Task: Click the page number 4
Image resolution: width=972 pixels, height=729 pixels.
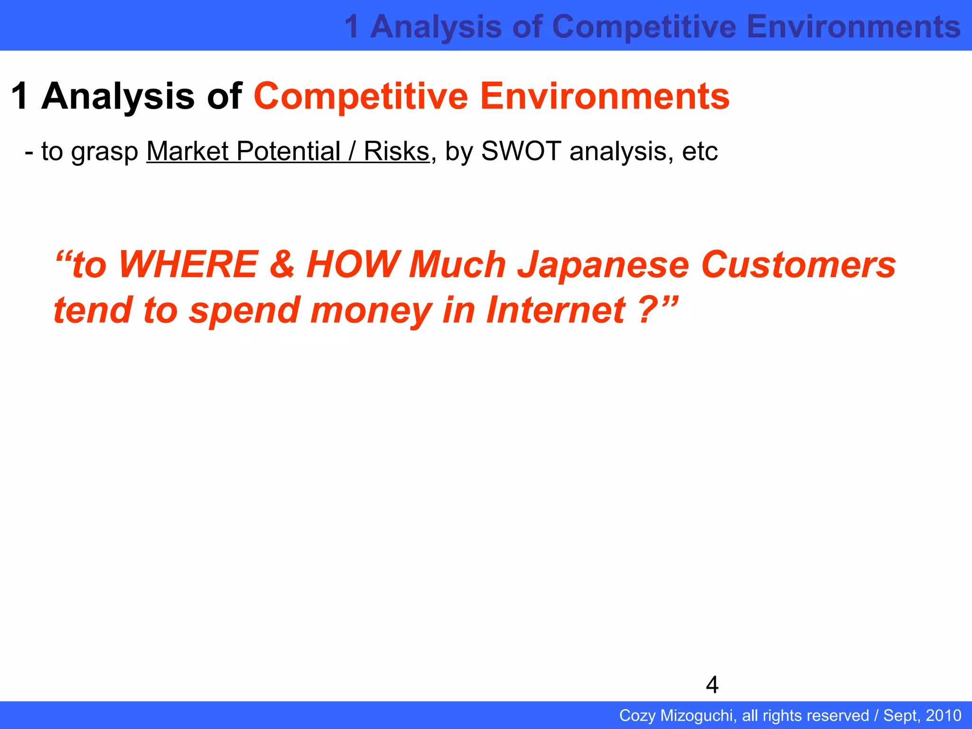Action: [x=712, y=685]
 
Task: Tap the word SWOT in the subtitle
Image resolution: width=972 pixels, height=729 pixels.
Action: [x=521, y=151]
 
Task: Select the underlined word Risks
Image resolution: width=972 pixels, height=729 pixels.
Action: [x=396, y=151]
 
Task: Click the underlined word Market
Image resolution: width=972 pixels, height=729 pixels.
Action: [x=187, y=151]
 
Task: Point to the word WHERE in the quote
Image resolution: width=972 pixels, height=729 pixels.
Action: [x=188, y=264]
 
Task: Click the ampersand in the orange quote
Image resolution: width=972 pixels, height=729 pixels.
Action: [x=282, y=264]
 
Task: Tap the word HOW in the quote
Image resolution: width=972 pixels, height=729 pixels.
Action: [x=352, y=264]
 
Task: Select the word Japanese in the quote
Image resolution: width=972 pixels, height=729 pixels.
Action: [x=603, y=264]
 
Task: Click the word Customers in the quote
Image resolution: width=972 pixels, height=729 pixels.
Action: [x=798, y=264]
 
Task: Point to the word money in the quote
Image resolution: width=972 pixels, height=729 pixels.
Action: [x=371, y=310]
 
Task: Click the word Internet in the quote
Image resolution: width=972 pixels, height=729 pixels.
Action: [x=556, y=310]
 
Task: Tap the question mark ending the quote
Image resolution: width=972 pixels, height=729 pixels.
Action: [x=648, y=310]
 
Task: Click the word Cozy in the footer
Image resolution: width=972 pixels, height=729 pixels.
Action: [x=637, y=715]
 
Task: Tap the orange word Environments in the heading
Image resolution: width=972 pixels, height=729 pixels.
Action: [x=605, y=96]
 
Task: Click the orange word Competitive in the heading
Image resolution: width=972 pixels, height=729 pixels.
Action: [x=361, y=96]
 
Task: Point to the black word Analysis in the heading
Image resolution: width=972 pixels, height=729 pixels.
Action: [x=118, y=96]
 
